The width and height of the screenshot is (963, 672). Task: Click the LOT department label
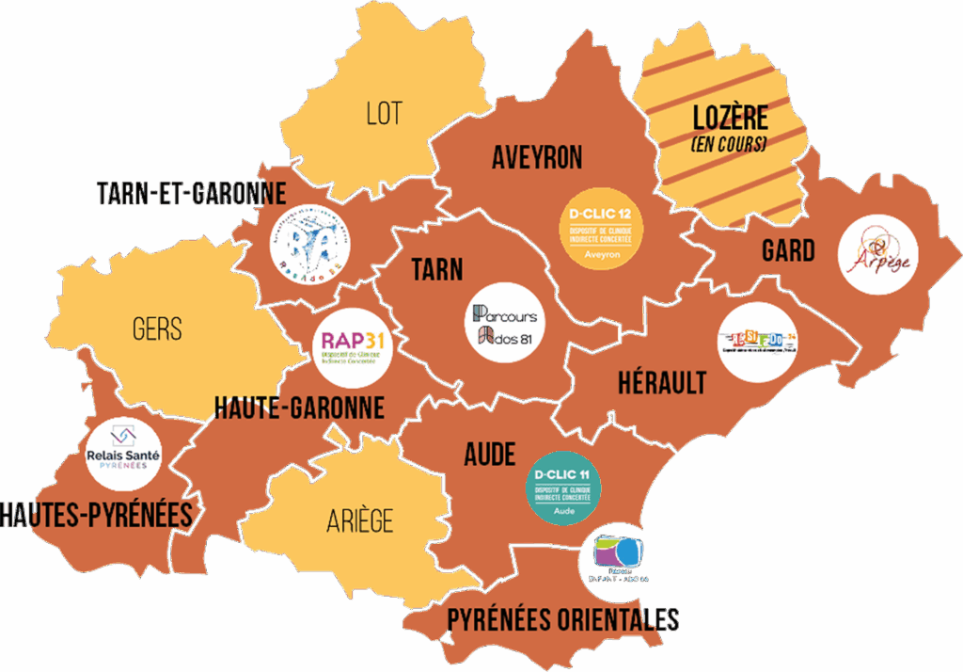coord(384,114)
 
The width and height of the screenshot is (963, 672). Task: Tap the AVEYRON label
coord(537,157)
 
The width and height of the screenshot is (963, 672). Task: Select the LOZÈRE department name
coord(730,119)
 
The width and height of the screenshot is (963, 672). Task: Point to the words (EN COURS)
coord(728,145)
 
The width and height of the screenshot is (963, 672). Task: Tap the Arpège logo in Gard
coord(878,254)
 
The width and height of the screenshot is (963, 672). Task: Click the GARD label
coord(788,250)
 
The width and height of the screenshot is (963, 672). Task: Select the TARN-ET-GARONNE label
coord(192,194)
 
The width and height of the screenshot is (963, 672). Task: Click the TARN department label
coord(437,270)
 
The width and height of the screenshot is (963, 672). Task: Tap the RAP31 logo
coord(352,346)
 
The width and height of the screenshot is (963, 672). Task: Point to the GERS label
coord(157,329)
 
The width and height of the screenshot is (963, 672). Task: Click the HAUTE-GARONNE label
coord(299,408)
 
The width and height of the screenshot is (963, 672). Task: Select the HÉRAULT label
coord(662,383)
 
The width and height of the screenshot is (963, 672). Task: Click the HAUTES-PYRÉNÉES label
coord(97,515)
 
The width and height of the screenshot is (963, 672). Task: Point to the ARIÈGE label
coord(360,520)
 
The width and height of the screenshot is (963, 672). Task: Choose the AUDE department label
coord(490,456)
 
